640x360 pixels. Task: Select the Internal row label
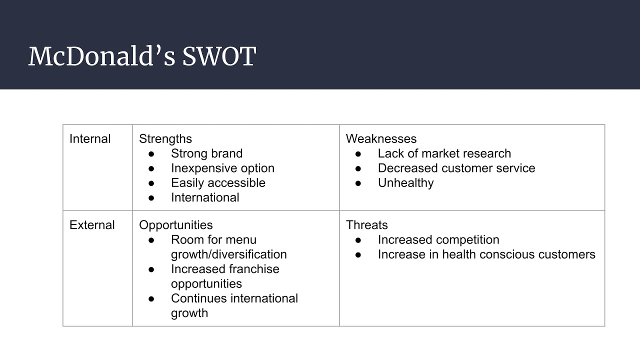pyautogui.click(x=90, y=139)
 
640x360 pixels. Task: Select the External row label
pyautogui.click(x=92, y=225)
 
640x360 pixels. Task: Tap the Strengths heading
pyautogui.click(x=165, y=139)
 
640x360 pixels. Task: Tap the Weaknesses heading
pyautogui.click(x=381, y=139)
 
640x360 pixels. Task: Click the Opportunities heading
pyautogui.click(x=176, y=225)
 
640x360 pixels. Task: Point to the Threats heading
pyautogui.click(x=366, y=225)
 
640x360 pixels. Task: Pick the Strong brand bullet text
pyautogui.click(x=206, y=153)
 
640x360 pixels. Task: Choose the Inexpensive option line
pyautogui.click(x=222, y=168)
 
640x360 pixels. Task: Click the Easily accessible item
pyautogui.click(x=218, y=182)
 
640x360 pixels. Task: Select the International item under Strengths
pyautogui.click(x=205, y=197)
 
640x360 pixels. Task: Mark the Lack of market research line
pyautogui.click(x=444, y=153)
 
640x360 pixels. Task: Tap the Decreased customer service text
pyautogui.click(x=456, y=168)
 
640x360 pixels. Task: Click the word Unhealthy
pyautogui.click(x=405, y=182)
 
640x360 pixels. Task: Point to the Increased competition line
pyautogui.click(x=438, y=239)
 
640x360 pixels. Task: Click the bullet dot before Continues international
pyautogui.click(x=151, y=298)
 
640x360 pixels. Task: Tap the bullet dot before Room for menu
pyautogui.click(x=151, y=240)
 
